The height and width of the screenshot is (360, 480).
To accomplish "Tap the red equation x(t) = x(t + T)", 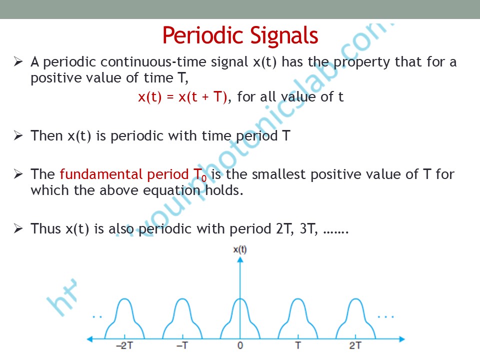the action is click(x=183, y=97).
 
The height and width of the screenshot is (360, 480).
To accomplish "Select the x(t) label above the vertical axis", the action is click(x=240, y=250).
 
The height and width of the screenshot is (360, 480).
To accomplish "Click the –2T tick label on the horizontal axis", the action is click(x=124, y=345).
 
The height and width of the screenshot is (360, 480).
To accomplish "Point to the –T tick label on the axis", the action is click(x=182, y=345).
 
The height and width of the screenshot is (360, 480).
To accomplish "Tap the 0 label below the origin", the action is click(x=240, y=345).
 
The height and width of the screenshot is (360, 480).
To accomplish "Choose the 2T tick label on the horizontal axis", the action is click(x=355, y=345).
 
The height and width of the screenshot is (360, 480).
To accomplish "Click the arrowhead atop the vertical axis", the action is click(x=240, y=259).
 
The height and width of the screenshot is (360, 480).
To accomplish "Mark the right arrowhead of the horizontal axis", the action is click(x=402, y=339).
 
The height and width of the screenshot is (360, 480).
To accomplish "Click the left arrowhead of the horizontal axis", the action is click(x=90, y=339).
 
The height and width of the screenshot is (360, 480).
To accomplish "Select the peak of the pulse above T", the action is click(x=298, y=299).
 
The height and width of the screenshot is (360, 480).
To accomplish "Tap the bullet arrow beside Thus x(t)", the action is click(x=18, y=228).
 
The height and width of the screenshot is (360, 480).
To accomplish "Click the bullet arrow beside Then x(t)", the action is click(x=18, y=135).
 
